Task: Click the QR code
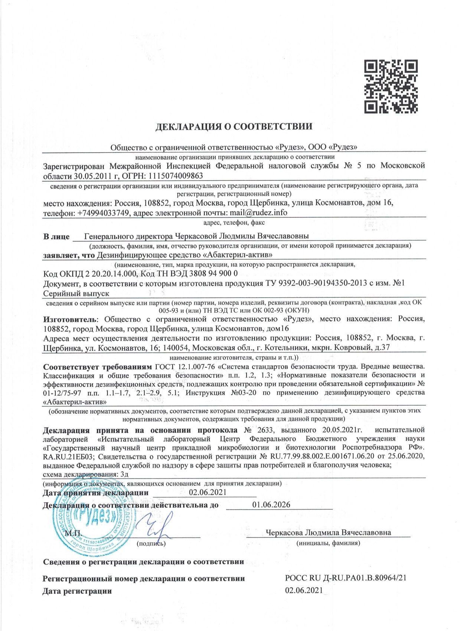coord(391,86)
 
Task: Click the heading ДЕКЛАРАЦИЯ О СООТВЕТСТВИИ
coord(234,127)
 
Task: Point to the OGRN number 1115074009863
coord(175,176)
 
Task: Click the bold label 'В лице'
coord(56,236)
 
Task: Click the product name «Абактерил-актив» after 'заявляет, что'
coord(238,255)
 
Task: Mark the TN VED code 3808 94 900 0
coord(213,274)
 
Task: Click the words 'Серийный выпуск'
coord(76,294)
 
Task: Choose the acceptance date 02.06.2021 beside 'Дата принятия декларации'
coord(208,493)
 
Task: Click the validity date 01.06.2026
coord(271,505)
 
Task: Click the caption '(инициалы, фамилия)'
coord(328,543)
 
